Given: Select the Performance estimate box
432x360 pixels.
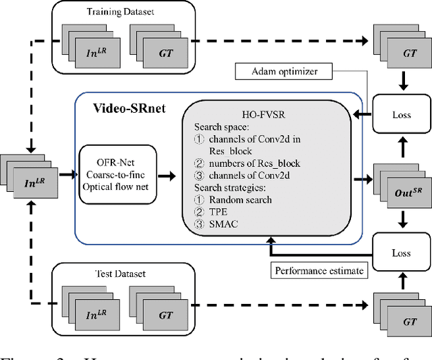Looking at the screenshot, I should [x=319, y=271].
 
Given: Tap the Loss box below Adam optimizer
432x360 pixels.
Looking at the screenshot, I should [x=402, y=115].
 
